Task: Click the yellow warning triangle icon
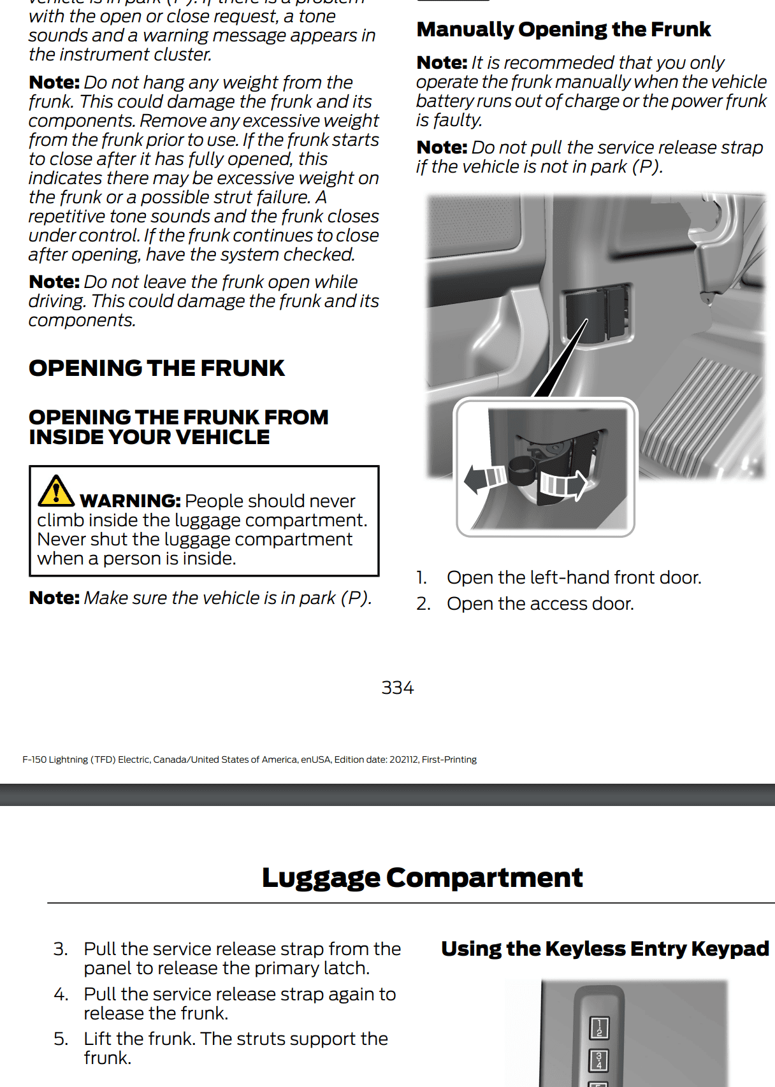pyautogui.click(x=55, y=491)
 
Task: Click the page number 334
pyautogui.click(x=397, y=687)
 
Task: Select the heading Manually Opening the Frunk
pyautogui.click(x=563, y=29)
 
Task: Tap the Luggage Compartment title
pyautogui.click(x=422, y=877)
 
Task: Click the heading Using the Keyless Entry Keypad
pyautogui.click(x=605, y=949)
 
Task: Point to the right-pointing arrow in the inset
pyautogui.click(x=564, y=485)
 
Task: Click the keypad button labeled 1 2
pyautogui.click(x=598, y=1028)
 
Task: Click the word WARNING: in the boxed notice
pyautogui.click(x=130, y=501)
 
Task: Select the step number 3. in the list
pyautogui.click(x=61, y=949)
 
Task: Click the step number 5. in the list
pyautogui.click(x=61, y=1039)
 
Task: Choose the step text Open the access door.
pyautogui.click(x=540, y=603)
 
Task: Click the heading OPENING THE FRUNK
pyautogui.click(x=157, y=368)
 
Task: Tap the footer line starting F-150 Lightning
pyautogui.click(x=249, y=759)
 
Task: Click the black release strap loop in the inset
pyautogui.click(x=522, y=471)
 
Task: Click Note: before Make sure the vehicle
pyautogui.click(x=54, y=598)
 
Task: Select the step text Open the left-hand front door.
pyautogui.click(x=574, y=577)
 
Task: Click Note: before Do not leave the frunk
pyautogui.click(x=54, y=282)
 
